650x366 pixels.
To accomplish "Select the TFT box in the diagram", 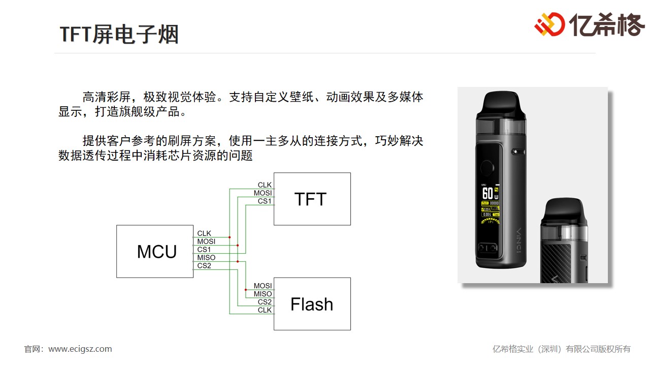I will pyautogui.click(x=312, y=199).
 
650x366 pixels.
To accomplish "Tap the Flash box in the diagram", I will pyautogui.click(x=312, y=304).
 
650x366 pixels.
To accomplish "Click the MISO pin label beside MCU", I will pyautogui.click(x=206, y=258).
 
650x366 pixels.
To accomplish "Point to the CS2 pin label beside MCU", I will pyautogui.click(x=204, y=266).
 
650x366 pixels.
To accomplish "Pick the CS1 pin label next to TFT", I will pyautogui.click(x=265, y=201).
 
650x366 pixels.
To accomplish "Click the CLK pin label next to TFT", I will pyautogui.click(x=265, y=185).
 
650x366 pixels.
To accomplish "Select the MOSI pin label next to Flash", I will pyautogui.click(x=263, y=286).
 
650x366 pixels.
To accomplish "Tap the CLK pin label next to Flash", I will pyautogui.click(x=265, y=310).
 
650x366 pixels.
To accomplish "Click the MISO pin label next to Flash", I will pyautogui.click(x=263, y=294).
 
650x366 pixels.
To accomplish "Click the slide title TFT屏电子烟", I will pyautogui.click(x=119, y=35).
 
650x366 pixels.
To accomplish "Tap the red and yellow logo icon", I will pyautogui.click(x=549, y=24).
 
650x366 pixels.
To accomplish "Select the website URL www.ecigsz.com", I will pyautogui.click(x=80, y=349).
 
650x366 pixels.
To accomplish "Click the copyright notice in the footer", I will pyautogui.click(x=562, y=349).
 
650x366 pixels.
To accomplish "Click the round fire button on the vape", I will pyautogui.click(x=487, y=169).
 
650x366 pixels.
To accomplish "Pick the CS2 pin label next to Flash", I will pyautogui.click(x=265, y=302).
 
